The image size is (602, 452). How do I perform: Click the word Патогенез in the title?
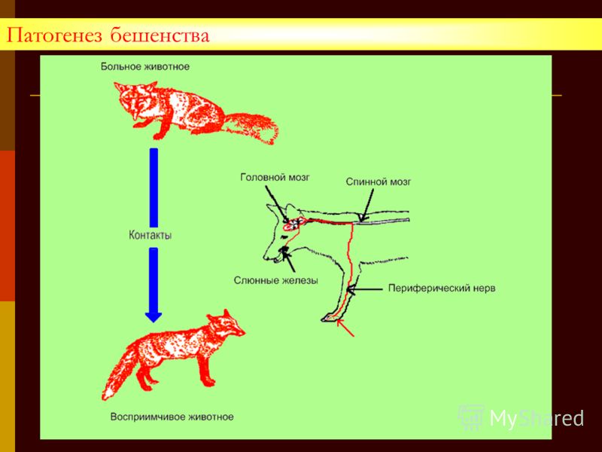(x=55, y=35)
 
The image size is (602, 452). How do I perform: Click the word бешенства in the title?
(x=160, y=35)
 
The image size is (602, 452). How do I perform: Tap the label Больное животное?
(x=145, y=66)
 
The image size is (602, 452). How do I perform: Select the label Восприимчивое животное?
(x=172, y=417)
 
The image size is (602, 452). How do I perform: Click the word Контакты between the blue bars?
(x=150, y=235)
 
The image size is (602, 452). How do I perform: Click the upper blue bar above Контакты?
(x=154, y=188)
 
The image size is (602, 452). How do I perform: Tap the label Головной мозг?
(x=275, y=178)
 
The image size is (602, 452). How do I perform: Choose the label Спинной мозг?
(x=379, y=182)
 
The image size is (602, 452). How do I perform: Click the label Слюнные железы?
(x=276, y=280)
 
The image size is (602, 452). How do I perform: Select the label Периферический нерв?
(x=442, y=289)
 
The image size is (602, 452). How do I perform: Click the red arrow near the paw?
(x=345, y=328)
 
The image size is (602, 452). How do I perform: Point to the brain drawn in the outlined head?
(x=294, y=224)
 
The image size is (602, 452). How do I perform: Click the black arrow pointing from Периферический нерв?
(x=365, y=289)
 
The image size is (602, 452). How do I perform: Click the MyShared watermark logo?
(x=521, y=418)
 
